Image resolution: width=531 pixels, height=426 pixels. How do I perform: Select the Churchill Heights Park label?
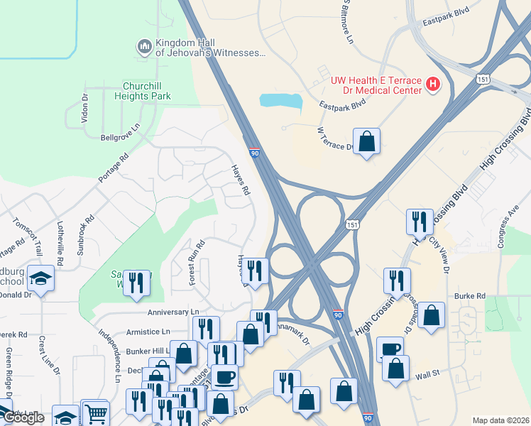tap(137, 90)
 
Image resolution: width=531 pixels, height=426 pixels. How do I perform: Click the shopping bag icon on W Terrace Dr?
tap(366, 141)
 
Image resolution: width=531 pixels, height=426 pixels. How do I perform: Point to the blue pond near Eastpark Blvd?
tap(281, 99)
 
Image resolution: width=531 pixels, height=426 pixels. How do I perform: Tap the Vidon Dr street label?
tap(84, 108)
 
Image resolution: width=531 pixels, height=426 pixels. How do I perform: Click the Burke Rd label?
tap(470, 295)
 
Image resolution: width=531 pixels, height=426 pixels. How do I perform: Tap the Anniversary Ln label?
tap(173, 312)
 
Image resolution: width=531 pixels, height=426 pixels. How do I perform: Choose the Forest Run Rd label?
tap(197, 263)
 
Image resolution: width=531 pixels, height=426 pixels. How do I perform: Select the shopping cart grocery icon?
tap(95, 413)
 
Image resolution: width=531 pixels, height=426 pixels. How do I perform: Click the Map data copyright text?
tap(500, 420)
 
